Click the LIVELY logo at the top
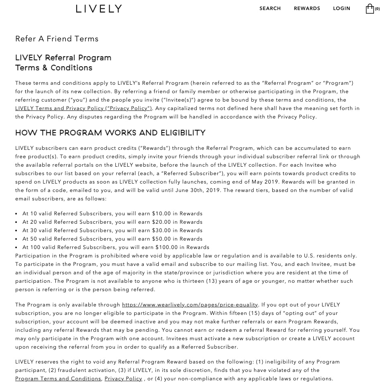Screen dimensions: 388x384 coord(99,9)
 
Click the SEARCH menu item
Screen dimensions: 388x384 coord(270,8)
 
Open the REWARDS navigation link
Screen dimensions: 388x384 coord(307,8)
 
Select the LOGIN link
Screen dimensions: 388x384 coord(341,8)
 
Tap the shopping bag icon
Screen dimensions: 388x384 coord(370,9)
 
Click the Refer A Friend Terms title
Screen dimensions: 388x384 coord(57,39)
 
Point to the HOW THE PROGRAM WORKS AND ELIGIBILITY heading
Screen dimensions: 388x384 coord(110,133)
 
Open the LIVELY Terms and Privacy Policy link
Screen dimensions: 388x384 coord(84,108)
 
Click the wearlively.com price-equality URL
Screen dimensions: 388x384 coord(190,305)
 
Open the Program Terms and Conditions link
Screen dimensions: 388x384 coord(58,379)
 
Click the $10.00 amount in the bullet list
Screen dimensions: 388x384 coord(161,214)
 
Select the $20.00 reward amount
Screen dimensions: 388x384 coord(161,222)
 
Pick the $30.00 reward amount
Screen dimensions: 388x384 coord(161,231)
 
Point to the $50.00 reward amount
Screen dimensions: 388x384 coord(161,239)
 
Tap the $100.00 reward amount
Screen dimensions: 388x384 coord(163,247)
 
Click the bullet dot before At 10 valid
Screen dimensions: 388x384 coord(16,214)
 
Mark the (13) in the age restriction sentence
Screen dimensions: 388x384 coord(212,281)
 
